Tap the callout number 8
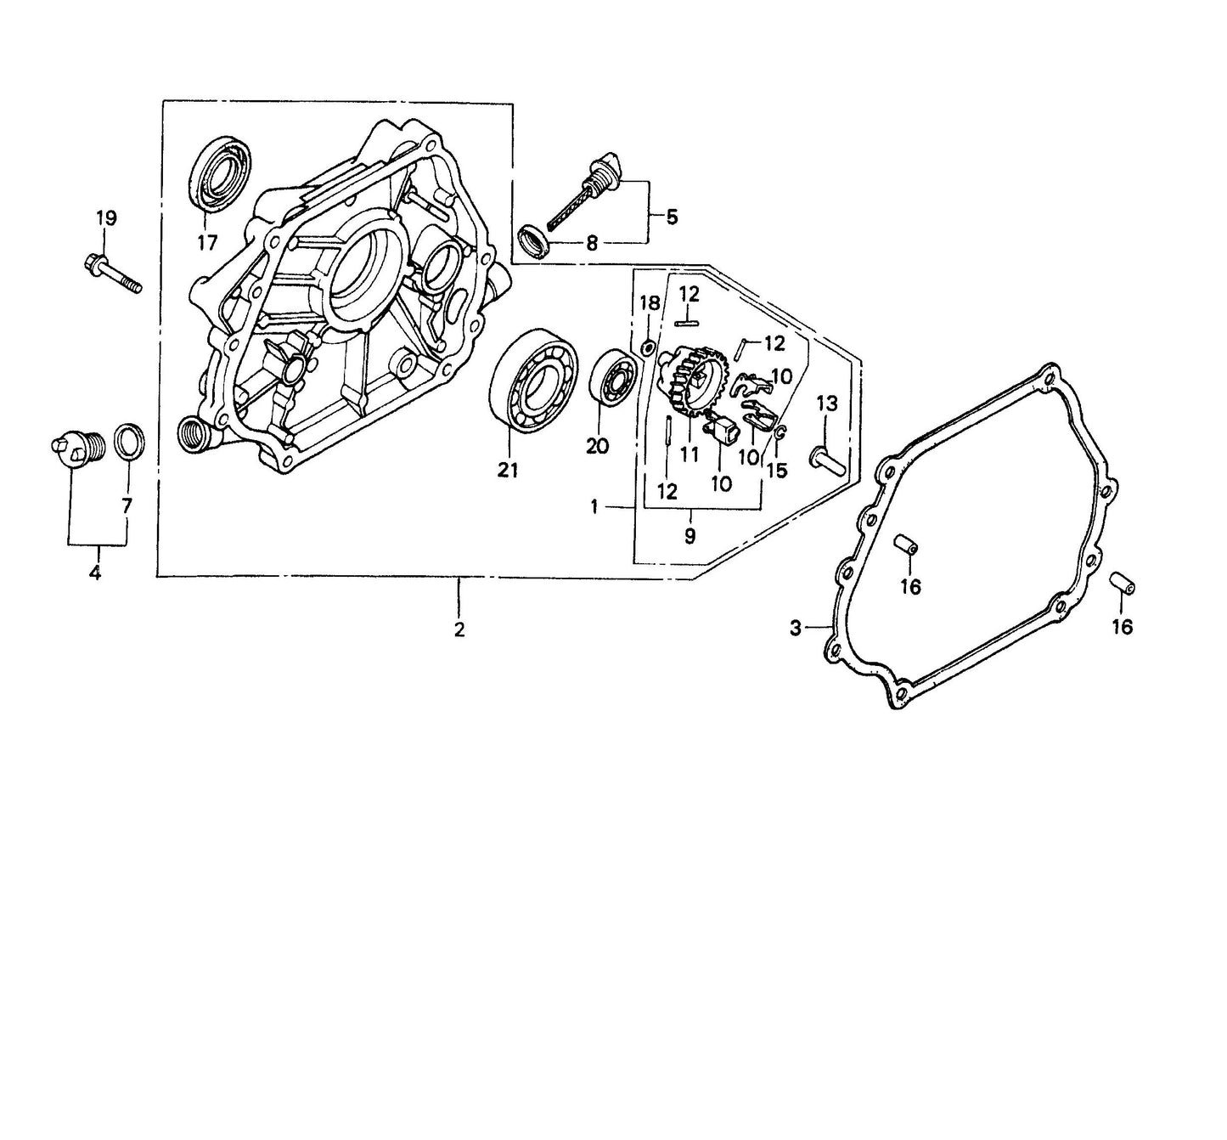tap(592, 244)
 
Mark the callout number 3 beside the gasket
tap(796, 629)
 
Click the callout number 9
tap(689, 536)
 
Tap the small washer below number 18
tap(647, 344)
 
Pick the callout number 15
tap(777, 469)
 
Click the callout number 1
tap(594, 506)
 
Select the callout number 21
tap(507, 471)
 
